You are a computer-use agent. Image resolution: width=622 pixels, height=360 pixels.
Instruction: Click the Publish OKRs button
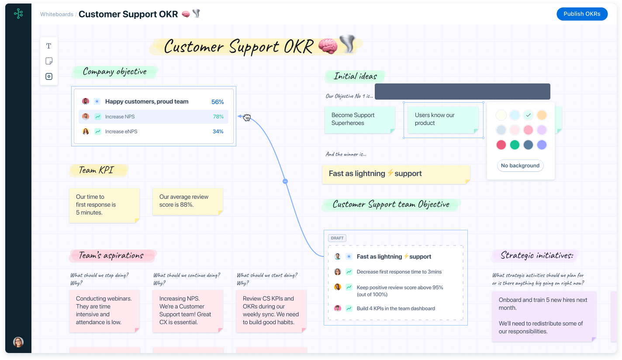582,14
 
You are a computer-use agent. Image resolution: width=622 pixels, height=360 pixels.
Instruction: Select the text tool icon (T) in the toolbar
49,46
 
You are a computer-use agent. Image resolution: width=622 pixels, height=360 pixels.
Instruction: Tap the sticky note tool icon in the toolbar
49,61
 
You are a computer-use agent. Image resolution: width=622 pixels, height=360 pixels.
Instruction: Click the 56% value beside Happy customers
218,102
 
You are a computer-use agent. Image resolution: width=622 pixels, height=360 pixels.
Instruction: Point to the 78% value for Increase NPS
218,117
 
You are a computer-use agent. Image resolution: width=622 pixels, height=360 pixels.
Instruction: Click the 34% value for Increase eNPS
218,132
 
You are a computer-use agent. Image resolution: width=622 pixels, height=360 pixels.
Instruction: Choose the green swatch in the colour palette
515,145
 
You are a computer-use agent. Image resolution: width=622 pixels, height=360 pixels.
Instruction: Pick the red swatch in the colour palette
501,145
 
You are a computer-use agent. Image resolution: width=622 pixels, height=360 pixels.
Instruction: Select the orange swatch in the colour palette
542,115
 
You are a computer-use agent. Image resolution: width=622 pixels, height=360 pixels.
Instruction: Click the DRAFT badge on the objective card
337,238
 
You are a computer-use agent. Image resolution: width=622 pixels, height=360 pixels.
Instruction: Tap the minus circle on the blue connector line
285,181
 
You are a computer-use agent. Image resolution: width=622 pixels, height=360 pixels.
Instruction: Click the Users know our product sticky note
441,119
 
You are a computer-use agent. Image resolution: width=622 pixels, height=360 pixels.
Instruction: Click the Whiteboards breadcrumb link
57,14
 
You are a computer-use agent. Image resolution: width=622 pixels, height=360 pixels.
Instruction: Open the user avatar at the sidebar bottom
18,342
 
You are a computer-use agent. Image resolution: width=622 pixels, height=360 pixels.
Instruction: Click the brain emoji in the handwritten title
328,46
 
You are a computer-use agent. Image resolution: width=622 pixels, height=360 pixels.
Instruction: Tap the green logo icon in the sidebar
18,14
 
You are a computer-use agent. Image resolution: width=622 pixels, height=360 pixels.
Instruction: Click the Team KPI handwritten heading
96,170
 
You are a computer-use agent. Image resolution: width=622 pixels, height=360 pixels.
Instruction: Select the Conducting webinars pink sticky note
104,311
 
